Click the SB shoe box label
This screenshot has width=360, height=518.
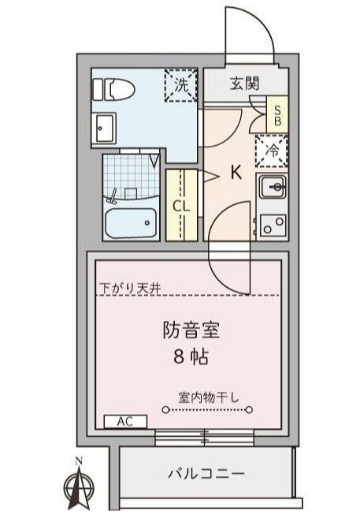coord(276,113)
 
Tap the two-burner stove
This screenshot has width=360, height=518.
coord(273,224)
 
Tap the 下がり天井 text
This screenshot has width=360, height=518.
coord(130,288)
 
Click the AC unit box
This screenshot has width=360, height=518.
coord(124,421)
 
